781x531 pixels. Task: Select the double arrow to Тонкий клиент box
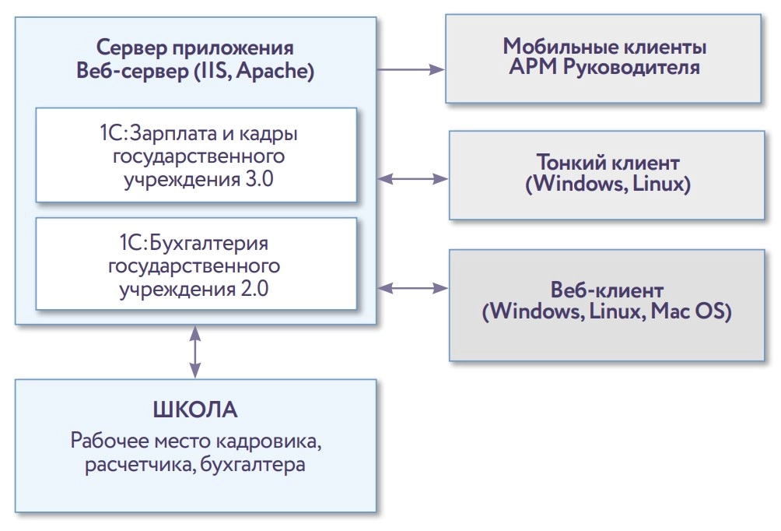(412, 179)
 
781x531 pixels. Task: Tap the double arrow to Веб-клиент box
(412, 288)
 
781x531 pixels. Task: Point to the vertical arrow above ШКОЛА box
(194, 352)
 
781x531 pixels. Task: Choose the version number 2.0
(254, 290)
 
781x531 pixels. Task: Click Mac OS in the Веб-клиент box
(696, 312)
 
